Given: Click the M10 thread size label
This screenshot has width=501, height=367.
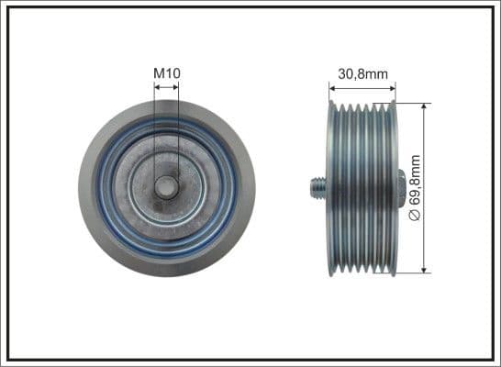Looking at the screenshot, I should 166,72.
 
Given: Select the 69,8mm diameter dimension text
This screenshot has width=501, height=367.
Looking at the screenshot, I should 415,189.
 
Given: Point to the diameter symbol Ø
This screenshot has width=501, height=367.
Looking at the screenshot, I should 415,214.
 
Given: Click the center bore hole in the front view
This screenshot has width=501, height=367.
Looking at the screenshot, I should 166,187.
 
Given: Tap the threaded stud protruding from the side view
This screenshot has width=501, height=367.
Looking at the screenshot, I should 314,188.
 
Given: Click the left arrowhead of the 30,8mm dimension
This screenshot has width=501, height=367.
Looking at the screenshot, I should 332,88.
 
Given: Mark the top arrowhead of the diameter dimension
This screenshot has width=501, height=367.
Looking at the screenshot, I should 424,106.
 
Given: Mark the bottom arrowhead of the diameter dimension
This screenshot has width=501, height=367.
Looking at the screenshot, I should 424,269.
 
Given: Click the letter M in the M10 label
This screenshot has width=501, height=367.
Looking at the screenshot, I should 159,72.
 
